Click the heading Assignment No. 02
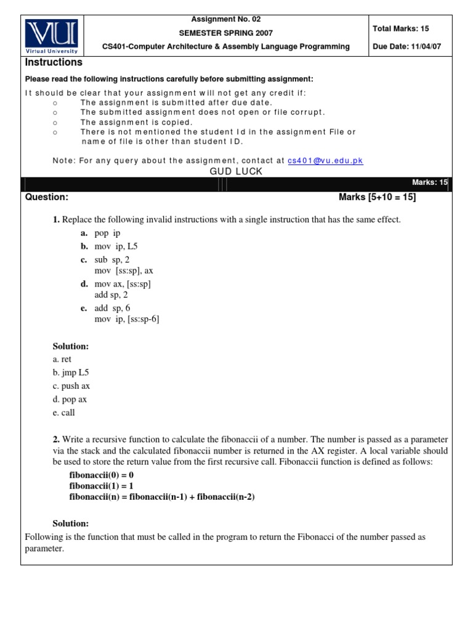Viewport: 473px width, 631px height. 225,19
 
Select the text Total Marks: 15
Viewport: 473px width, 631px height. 403,29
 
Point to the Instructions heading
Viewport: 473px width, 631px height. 53,63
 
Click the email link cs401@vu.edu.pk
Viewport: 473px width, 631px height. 325,161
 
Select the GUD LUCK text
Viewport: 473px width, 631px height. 236,171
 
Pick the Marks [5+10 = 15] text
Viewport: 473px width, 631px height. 377,197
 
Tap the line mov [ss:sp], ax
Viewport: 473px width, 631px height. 124,271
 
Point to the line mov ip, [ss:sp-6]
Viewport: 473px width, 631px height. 127,319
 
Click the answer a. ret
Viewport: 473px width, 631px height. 62,359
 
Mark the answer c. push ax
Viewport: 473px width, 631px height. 71,386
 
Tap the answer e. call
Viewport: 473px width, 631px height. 63,413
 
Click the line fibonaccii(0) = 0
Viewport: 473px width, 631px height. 101,476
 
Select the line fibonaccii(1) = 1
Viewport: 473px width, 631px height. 101,486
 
